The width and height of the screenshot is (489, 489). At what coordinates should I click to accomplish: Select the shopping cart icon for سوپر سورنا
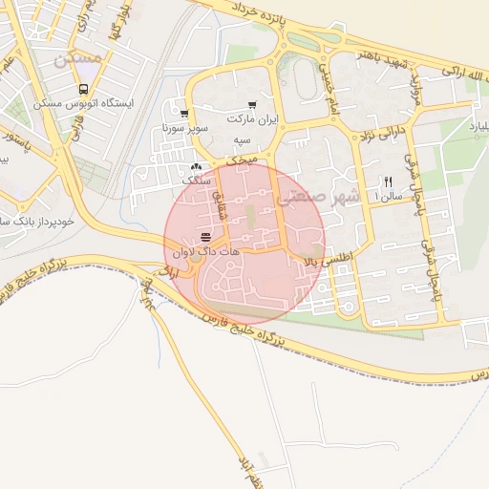pos(184,113)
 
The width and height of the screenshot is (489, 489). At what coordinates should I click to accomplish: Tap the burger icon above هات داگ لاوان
pos(206,237)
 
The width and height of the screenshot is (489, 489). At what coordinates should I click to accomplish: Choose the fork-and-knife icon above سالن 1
pos(388,181)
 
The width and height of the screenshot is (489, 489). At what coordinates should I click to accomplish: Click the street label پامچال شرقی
pos(410,177)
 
